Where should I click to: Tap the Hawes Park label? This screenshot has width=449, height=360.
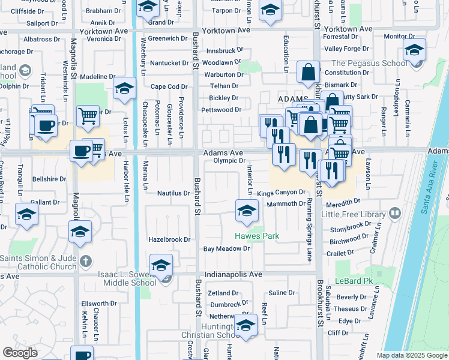(257, 236)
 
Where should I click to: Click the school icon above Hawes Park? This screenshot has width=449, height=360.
(246, 211)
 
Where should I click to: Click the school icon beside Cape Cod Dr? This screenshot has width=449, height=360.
(124, 89)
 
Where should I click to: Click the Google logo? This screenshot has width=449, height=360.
(20, 353)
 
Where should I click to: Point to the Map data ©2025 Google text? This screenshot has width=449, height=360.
(412, 355)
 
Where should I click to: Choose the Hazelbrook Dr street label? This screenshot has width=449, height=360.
(169, 239)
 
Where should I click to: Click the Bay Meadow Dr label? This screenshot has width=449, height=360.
(226, 248)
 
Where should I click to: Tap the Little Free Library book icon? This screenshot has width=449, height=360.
(395, 214)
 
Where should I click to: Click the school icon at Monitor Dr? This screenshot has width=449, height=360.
(414, 50)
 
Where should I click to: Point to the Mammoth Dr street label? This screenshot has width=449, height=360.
(286, 204)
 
